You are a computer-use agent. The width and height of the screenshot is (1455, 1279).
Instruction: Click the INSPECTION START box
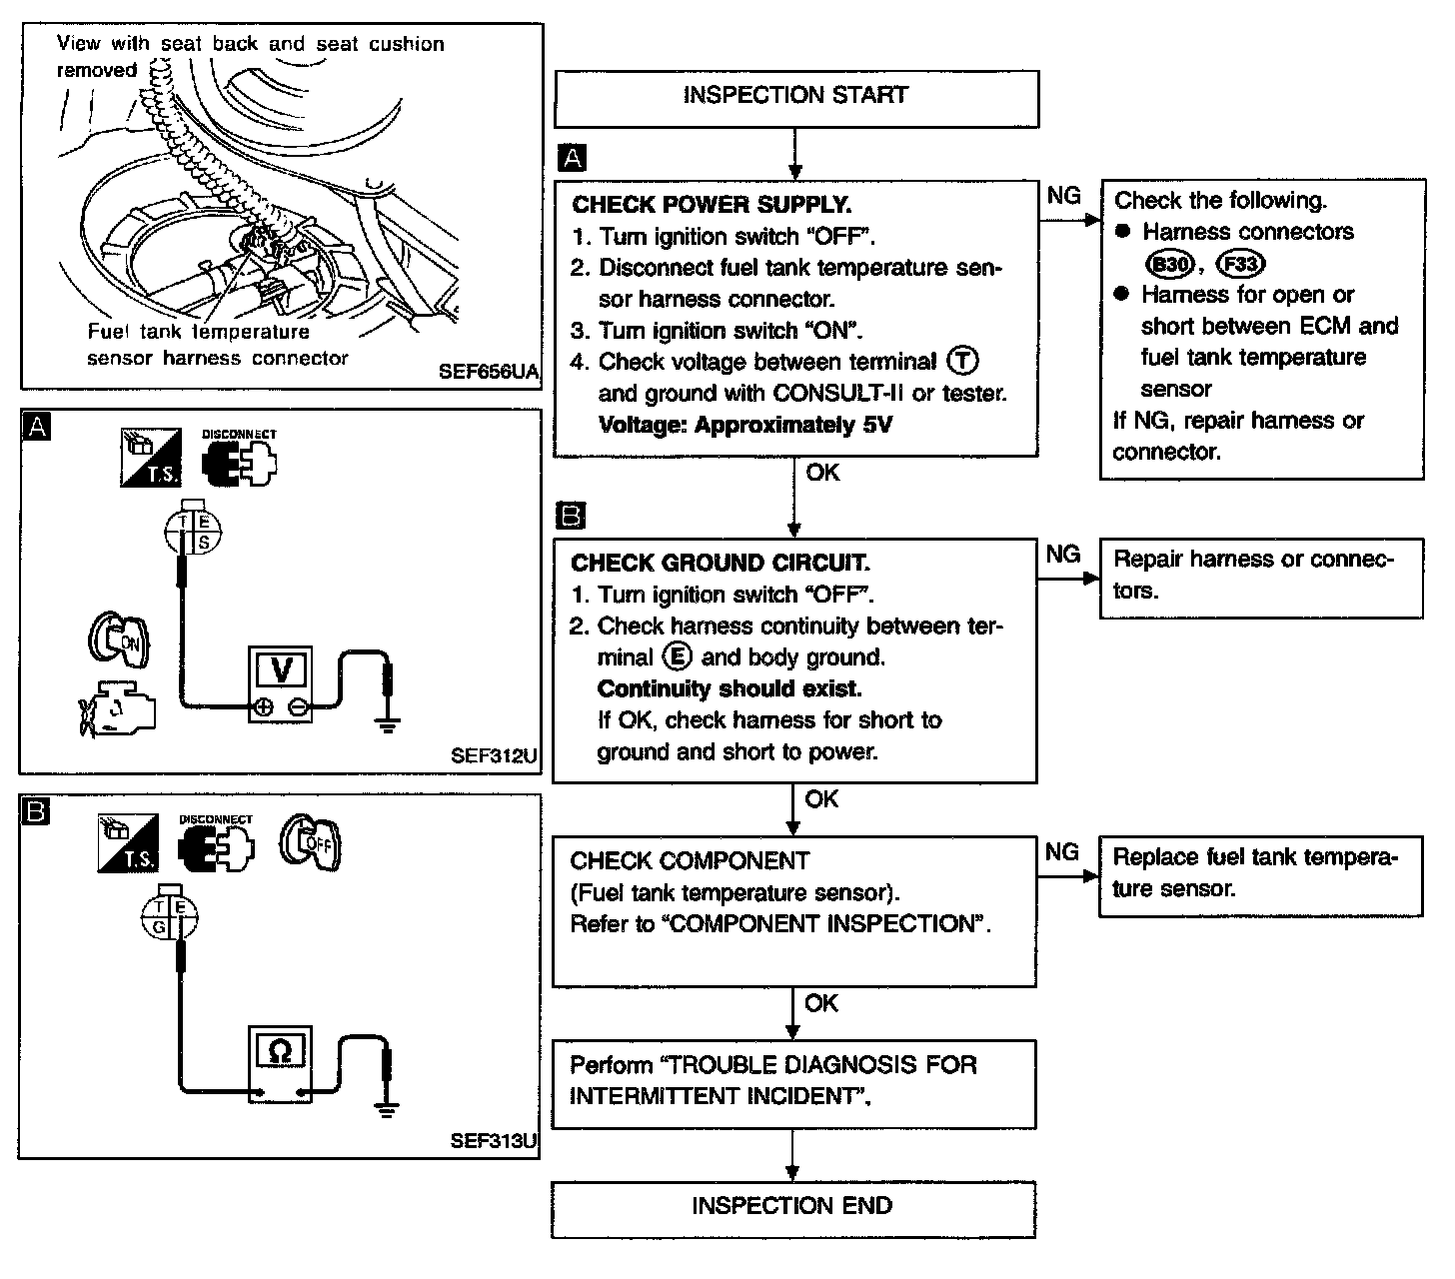tap(795, 97)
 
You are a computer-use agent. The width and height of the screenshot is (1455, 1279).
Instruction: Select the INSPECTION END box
tap(792, 1207)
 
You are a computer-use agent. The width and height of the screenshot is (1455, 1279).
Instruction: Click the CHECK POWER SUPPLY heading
tap(712, 205)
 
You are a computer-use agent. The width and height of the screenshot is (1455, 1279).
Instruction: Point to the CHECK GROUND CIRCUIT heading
tap(720, 564)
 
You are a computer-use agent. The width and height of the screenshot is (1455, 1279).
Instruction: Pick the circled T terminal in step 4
tap(964, 361)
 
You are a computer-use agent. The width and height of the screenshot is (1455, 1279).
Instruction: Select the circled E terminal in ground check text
tap(677, 656)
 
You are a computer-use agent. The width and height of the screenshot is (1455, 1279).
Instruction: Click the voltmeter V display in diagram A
tap(281, 669)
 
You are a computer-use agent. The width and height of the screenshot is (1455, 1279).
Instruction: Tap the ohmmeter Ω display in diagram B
tap(281, 1051)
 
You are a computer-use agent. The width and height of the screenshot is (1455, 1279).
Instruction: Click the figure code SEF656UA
tap(489, 372)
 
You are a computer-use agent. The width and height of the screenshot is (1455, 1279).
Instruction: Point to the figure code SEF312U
tap(494, 755)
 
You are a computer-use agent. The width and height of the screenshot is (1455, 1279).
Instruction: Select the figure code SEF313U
tap(494, 1141)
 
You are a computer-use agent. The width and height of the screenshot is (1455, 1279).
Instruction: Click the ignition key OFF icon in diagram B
tap(311, 845)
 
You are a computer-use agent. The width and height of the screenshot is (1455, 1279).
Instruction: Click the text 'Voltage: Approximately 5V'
tap(744, 425)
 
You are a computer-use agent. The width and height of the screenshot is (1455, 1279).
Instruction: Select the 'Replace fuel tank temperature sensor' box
tap(1260, 875)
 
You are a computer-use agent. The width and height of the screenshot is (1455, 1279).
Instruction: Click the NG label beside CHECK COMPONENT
tap(1062, 852)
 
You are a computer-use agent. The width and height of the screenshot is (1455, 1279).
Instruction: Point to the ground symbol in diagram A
tap(388, 723)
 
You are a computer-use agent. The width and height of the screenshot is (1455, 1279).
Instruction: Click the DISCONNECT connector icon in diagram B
tap(215, 843)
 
